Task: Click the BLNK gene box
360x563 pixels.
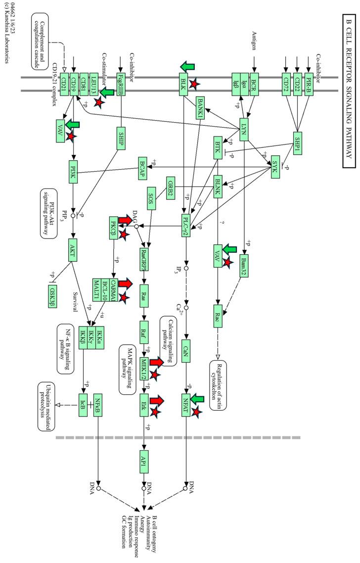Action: click(221, 188)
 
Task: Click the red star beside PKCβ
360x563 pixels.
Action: click(125, 233)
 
